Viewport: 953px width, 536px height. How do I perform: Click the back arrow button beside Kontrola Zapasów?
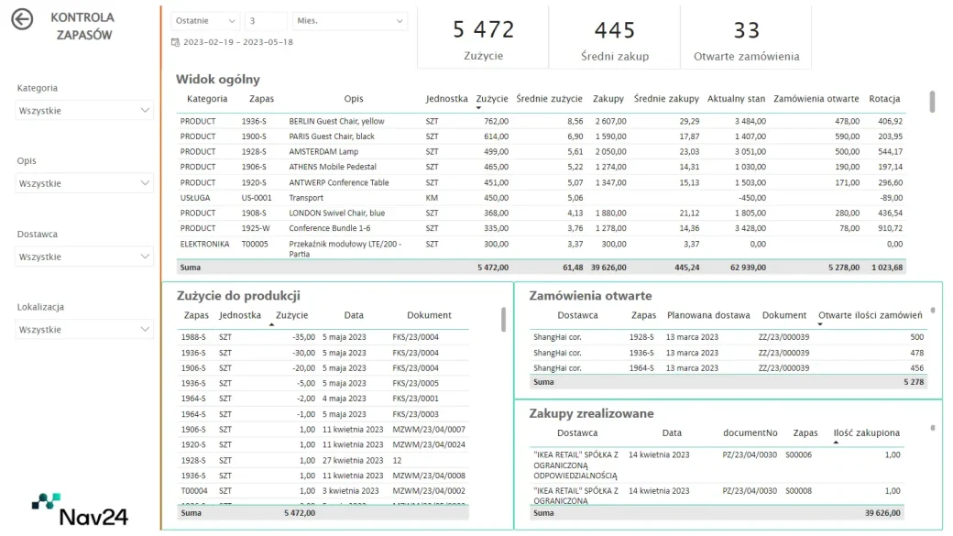coord(22,19)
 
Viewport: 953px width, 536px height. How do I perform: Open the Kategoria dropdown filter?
coord(84,111)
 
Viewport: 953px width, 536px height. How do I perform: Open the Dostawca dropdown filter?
coord(84,257)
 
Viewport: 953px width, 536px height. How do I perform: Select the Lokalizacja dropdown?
coord(84,329)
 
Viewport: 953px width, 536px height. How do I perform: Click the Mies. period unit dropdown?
coord(349,21)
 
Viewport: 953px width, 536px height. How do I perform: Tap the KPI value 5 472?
coord(484,29)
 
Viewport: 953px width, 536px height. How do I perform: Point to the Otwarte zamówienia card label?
coord(746,57)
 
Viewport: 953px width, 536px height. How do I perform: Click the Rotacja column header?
coord(884,98)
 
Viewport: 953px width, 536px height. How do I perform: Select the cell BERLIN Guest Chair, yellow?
coord(336,122)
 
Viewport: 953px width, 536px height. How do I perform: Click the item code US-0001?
coord(257,198)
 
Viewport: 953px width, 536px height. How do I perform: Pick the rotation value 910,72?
coord(891,228)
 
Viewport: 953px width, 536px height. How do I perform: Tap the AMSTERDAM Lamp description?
coord(323,152)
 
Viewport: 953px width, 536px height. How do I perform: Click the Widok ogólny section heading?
coord(217,79)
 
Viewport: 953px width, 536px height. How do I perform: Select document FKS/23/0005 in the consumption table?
coord(415,384)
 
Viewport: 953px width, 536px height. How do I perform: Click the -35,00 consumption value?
coord(303,337)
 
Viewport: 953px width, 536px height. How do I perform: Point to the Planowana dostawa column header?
coord(708,315)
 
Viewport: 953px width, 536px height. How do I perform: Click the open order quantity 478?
coord(916,353)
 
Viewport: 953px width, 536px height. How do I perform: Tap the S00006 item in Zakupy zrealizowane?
coord(798,455)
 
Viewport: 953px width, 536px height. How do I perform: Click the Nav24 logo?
coord(80,509)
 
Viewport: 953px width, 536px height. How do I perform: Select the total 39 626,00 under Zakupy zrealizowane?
coord(882,513)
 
